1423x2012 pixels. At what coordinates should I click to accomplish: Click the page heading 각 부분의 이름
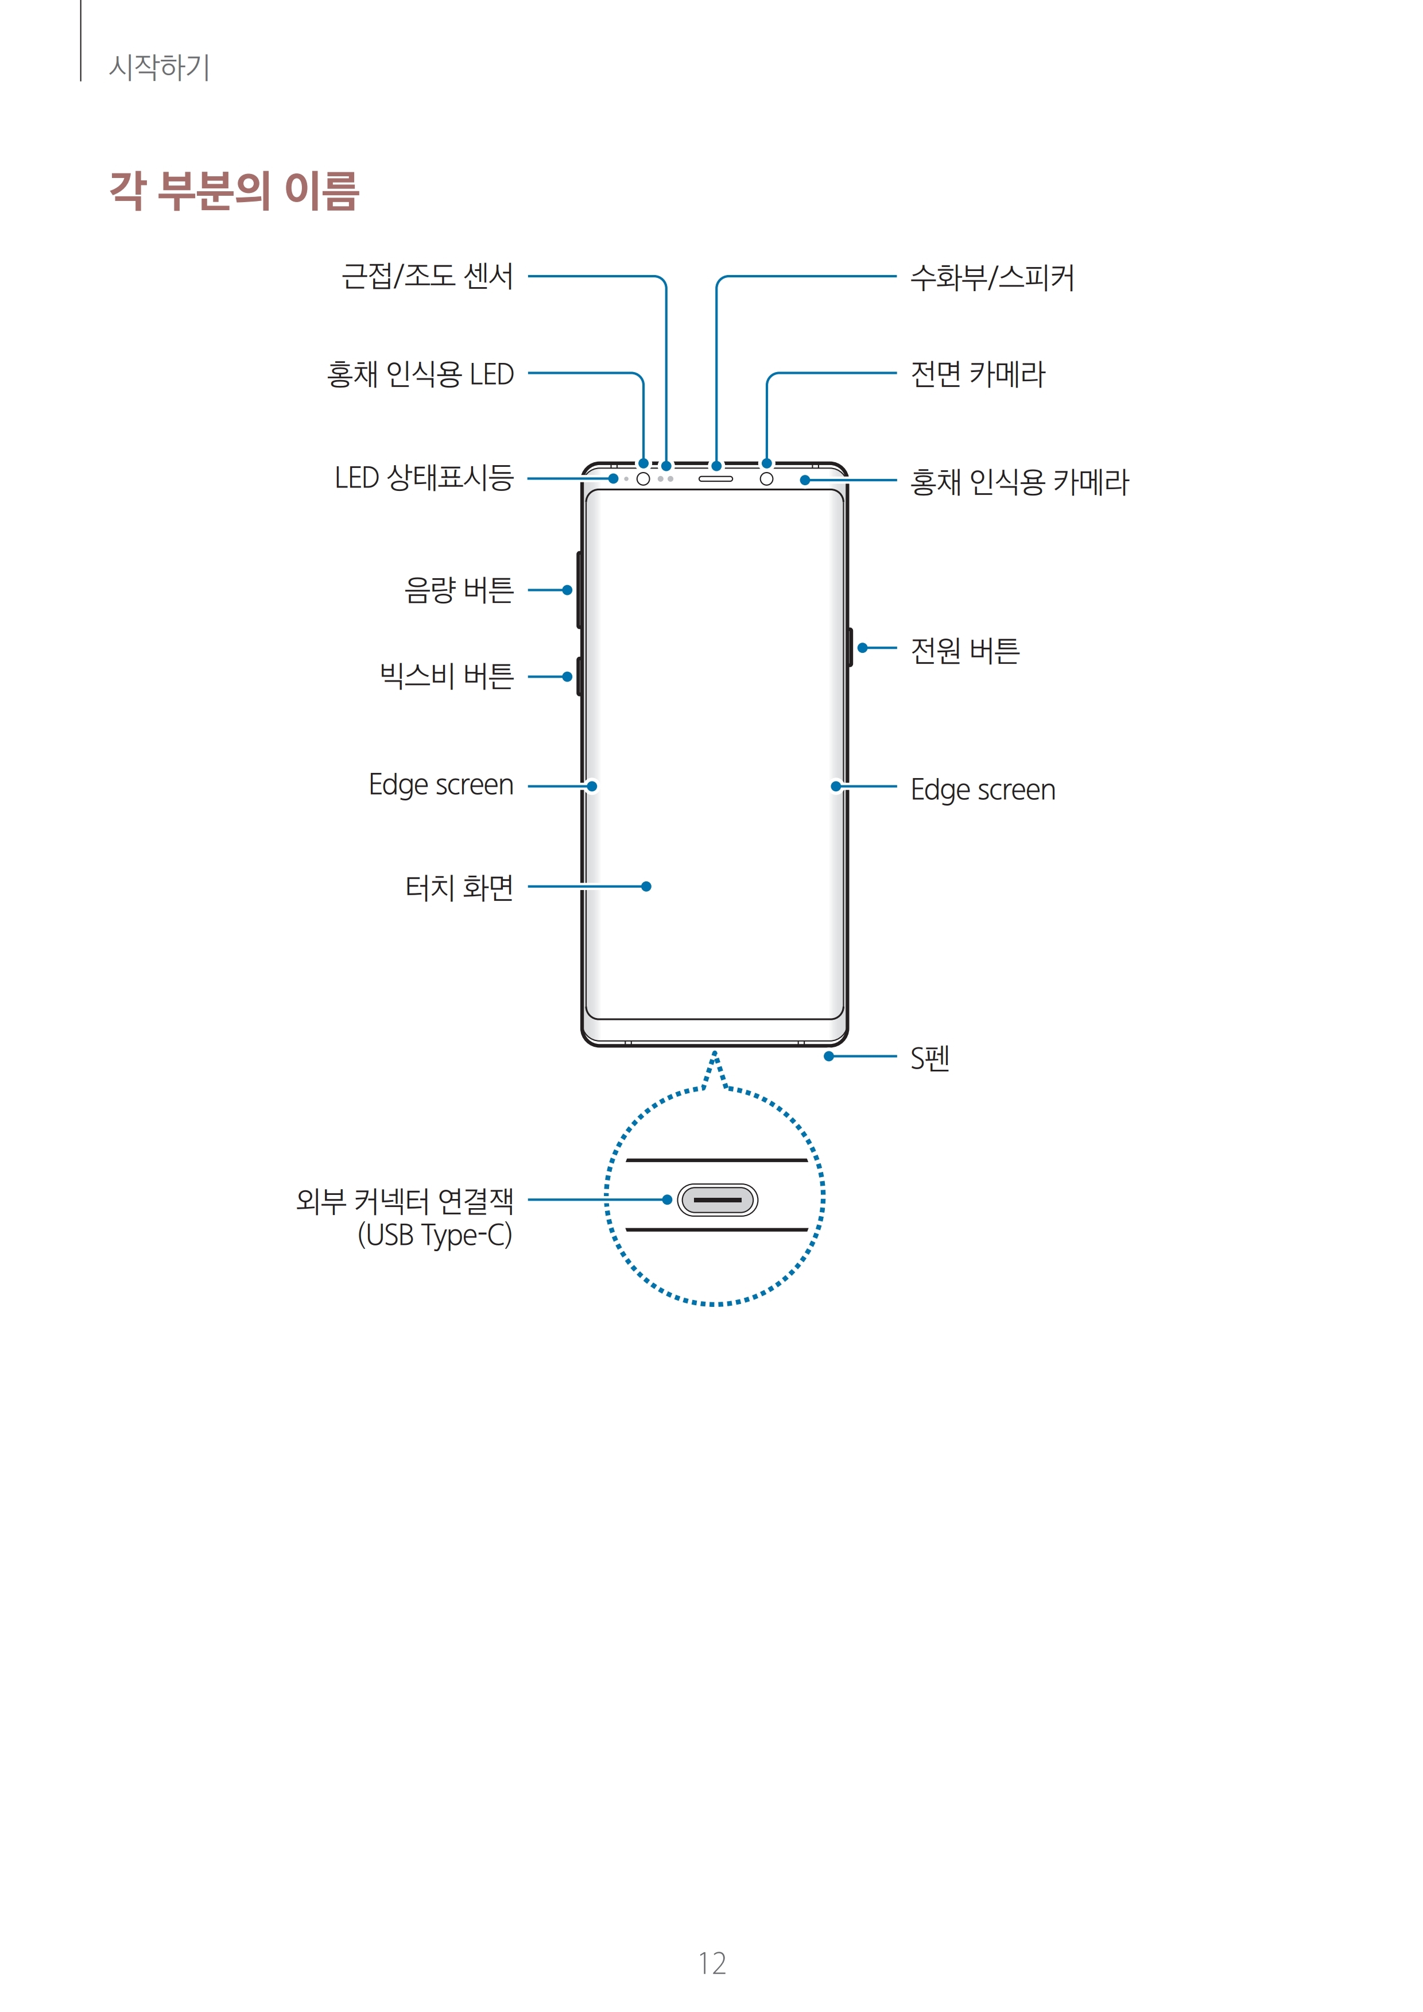tap(234, 191)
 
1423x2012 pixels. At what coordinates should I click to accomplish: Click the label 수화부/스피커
tap(992, 278)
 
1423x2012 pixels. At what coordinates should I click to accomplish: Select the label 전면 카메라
tap(978, 374)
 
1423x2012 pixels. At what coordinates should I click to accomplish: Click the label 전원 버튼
tap(965, 650)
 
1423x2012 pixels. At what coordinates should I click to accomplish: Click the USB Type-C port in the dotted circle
tap(717, 1200)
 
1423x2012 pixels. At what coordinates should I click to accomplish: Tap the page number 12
tap(712, 1964)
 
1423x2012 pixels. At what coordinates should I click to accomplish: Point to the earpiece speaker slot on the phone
tap(715, 478)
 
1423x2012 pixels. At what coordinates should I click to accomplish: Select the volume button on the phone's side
tap(579, 590)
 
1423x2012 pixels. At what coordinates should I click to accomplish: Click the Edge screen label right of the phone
tap(982, 790)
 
